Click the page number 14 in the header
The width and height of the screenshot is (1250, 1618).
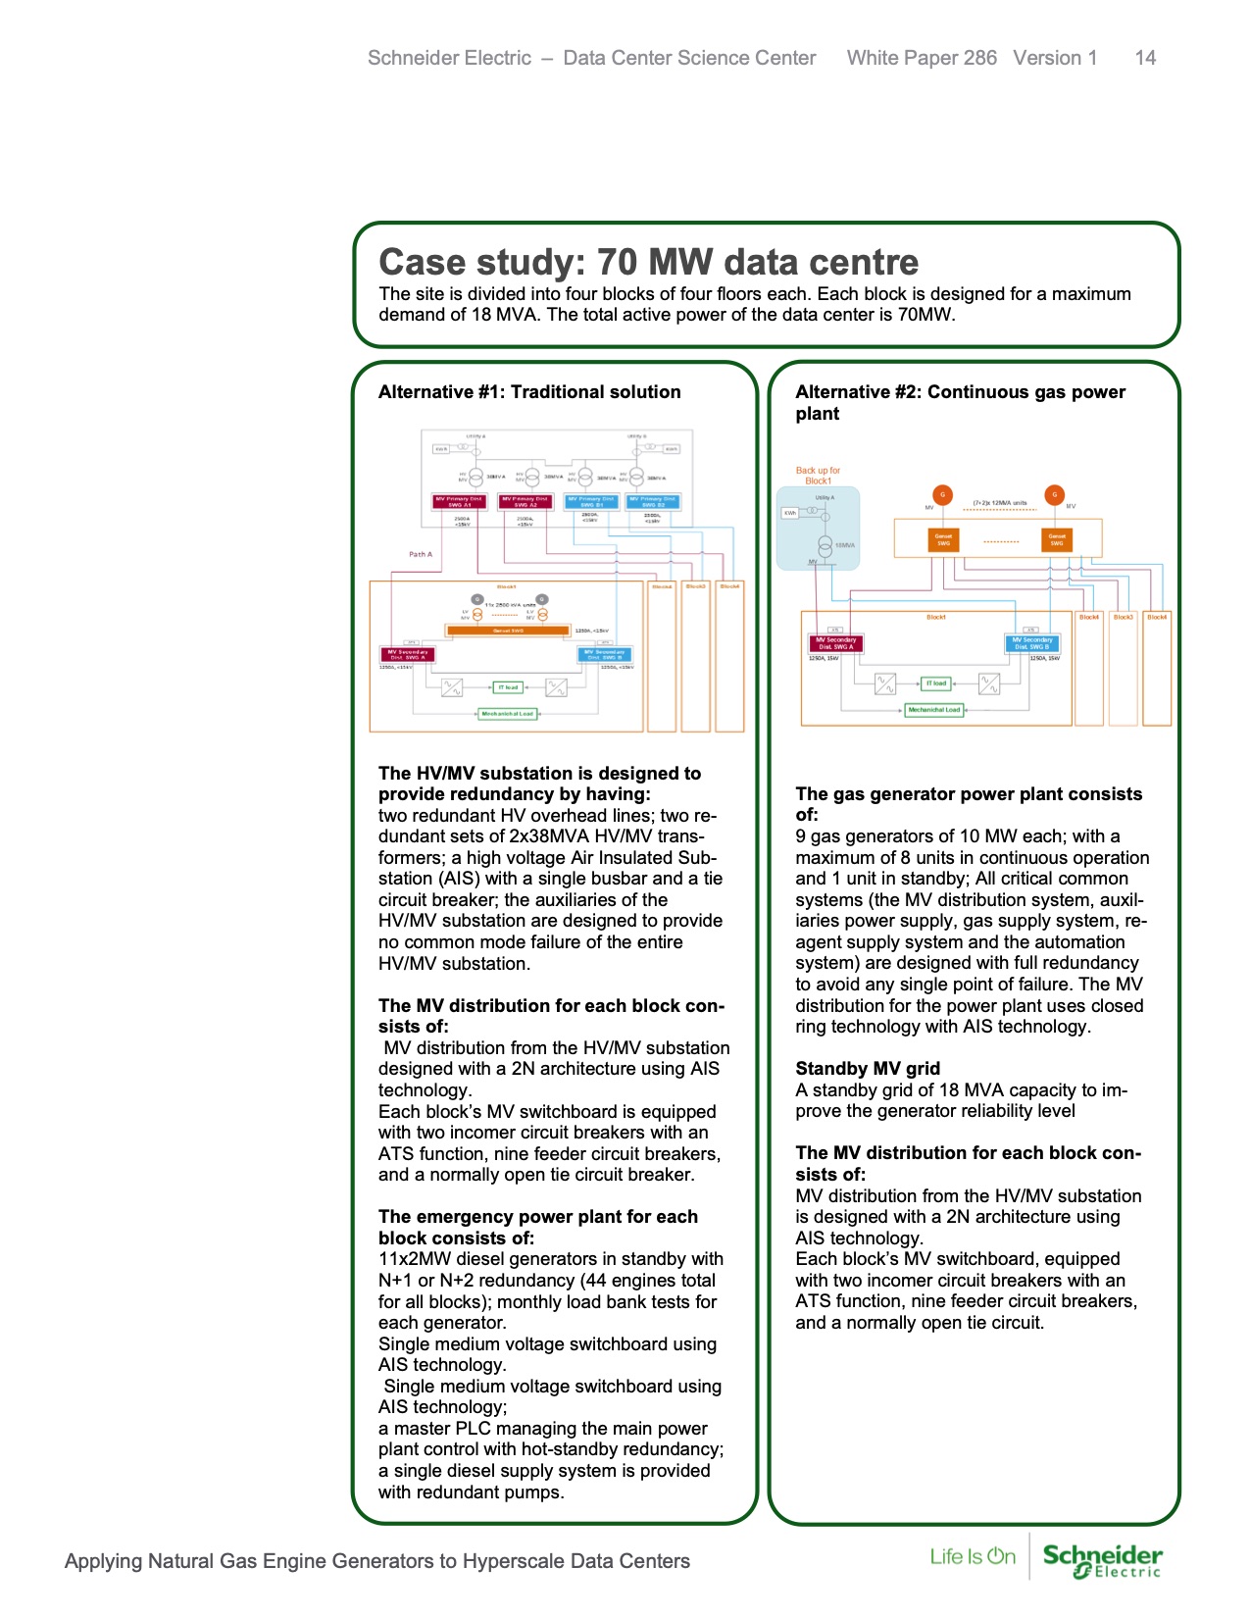point(1144,58)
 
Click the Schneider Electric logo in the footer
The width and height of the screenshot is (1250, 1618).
point(1102,1560)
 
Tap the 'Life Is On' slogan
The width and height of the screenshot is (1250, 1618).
point(972,1556)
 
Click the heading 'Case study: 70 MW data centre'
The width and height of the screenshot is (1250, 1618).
point(648,262)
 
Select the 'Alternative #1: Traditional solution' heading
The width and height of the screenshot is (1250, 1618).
point(529,391)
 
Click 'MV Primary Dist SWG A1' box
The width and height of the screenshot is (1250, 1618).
point(460,501)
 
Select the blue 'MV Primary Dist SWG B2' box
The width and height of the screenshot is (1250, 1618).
point(653,501)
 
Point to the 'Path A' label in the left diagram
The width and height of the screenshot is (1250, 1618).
point(420,554)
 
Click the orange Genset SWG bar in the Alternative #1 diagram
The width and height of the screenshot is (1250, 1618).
point(507,631)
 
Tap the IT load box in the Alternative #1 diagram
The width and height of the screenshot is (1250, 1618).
point(507,687)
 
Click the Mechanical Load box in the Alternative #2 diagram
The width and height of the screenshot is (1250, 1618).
point(933,709)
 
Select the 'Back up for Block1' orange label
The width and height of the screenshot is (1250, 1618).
point(817,476)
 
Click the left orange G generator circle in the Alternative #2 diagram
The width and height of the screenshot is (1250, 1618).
point(942,495)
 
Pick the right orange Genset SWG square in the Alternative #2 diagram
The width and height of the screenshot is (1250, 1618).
point(1056,539)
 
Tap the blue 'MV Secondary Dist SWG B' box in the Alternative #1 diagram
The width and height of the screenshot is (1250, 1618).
point(606,654)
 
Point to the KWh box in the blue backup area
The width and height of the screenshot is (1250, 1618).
point(789,513)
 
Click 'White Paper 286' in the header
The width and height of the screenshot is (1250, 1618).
point(922,58)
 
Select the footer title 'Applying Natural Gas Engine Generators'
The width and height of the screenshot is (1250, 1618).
point(376,1561)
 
